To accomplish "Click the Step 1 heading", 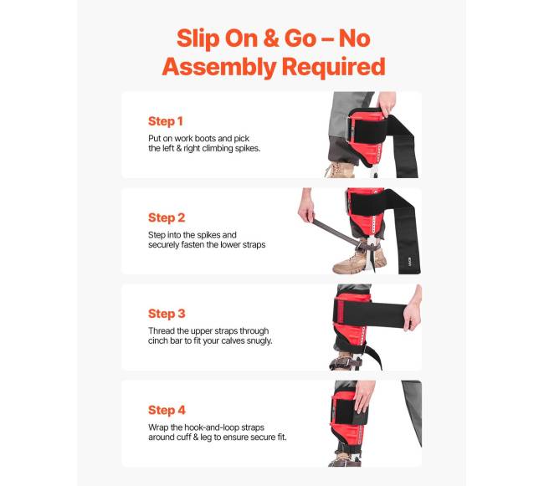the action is pyautogui.click(x=165, y=121).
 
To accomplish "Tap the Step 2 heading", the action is pyautogui.click(x=167, y=217).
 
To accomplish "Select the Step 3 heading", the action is pyautogui.click(x=167, y=314).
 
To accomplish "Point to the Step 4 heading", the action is pyautogui.click(x=167, y=410).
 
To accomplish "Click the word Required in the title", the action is pyautogui.click(x=333, y=67).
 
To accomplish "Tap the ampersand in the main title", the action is pyautogui.click(x=271, y=38).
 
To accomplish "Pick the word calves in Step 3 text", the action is pyautogui.click(x=233, y=340).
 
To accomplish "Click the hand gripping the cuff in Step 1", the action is pyautogui.click(x=386, y=103).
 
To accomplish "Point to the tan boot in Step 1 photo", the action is pyautogui.click(x=340, y=170).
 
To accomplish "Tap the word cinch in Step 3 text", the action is pyautogui.click(x=158, y=340).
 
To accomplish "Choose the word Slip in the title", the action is pyautogui.click(x=198, y=38).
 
